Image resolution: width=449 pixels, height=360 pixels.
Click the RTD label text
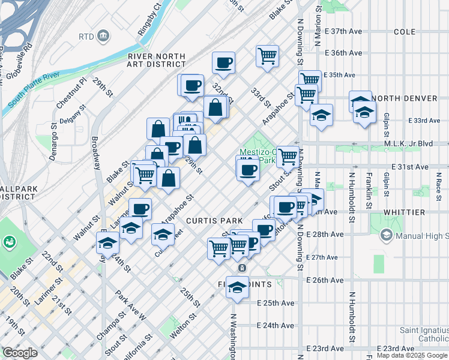click(x=86, y=37)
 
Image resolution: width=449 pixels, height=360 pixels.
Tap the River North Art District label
click(x=157, y=60)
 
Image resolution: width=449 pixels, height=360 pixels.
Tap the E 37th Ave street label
click(x=344, y=31)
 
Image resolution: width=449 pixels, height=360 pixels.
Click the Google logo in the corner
click(x=20, y=352)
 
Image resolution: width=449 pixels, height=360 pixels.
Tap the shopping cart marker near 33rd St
click(x=267, y=56)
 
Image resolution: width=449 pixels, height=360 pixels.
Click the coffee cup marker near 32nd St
click(x=223, y=62)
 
